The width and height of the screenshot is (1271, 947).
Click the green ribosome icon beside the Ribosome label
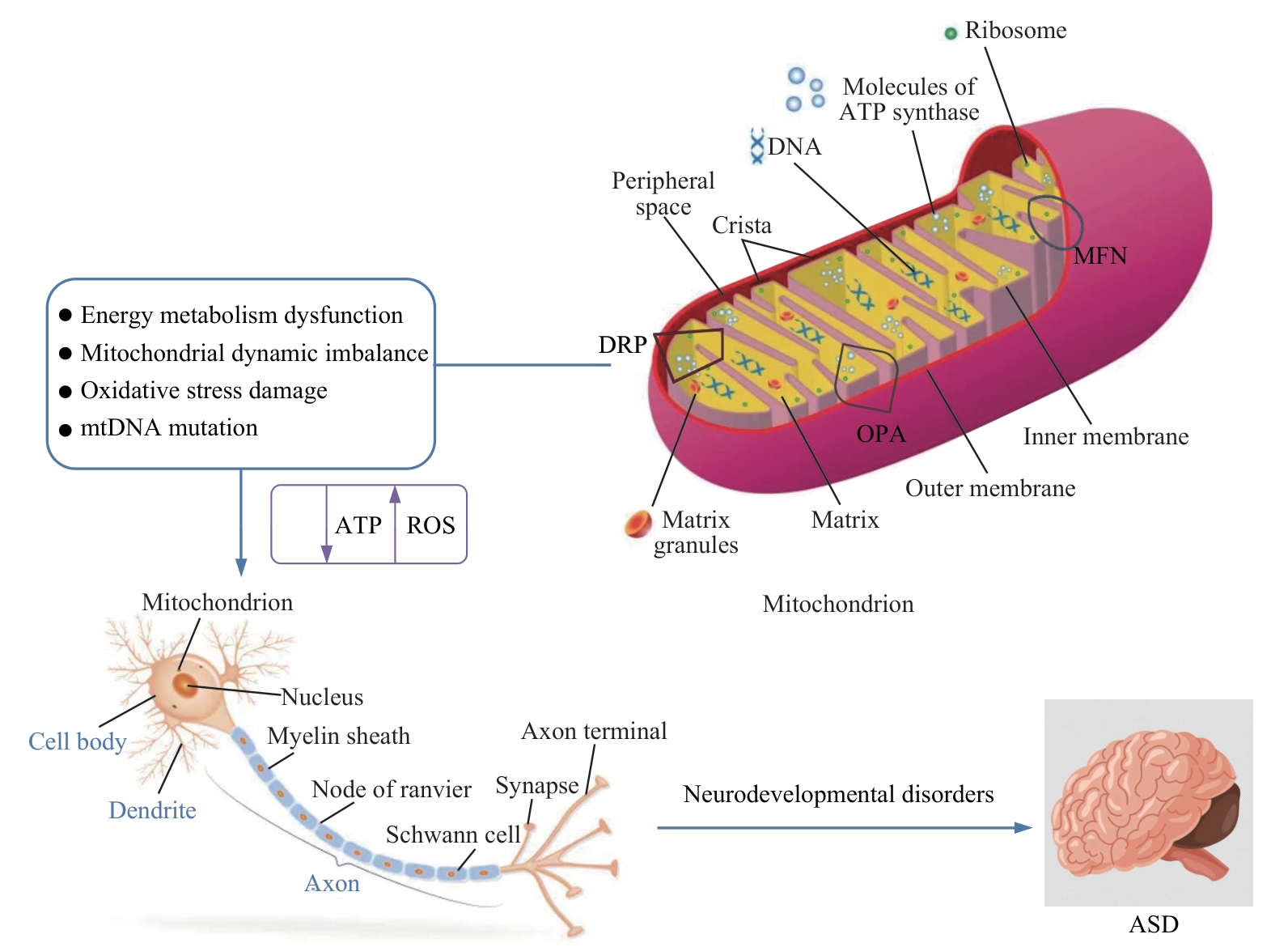951,33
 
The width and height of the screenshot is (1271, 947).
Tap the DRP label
622,345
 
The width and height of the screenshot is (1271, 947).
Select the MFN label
1100,257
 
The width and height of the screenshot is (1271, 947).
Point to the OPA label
881,434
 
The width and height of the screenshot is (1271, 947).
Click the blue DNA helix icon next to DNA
757,147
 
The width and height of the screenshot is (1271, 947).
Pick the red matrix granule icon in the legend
638,524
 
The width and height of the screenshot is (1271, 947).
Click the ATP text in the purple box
358,525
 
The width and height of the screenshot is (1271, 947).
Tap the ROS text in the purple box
430,525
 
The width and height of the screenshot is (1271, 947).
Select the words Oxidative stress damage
204,390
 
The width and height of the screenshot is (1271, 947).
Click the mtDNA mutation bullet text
169,427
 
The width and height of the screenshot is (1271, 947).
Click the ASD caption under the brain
1153,924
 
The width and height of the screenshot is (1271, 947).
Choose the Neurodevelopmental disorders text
838,794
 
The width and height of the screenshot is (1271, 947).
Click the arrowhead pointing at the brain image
1024,827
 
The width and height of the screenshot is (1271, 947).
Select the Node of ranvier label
391,789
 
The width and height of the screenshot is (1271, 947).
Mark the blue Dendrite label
152,810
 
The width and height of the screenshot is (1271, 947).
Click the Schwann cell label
453,834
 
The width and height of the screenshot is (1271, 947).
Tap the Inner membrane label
1105,437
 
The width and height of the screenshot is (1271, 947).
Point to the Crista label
741,225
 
